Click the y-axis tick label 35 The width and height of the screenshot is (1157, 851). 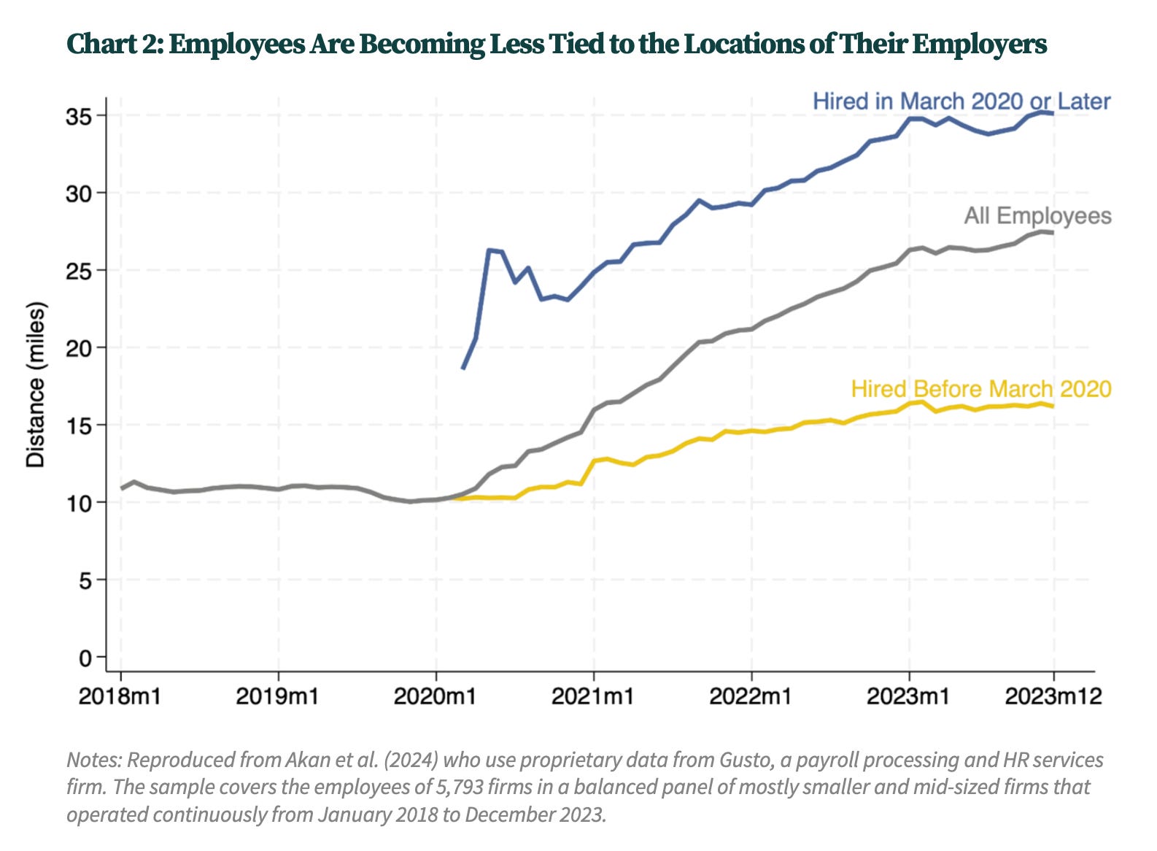coord(81,116)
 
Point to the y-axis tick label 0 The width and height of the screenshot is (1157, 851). coord(86,658)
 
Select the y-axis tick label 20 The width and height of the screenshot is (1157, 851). coord(81,348)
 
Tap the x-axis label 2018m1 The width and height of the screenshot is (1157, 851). coord(120,696)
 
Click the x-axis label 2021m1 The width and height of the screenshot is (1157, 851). coord(593,696)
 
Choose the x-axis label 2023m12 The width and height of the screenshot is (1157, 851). coord(1053,696)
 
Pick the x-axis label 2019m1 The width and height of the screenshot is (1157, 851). coord(277,696)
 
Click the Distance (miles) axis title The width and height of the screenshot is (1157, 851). coord(36,385)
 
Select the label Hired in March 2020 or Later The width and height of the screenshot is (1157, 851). coord(961,101)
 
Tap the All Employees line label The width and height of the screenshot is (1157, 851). coord(1037,215)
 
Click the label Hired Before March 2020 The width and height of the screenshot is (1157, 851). coord(980,388)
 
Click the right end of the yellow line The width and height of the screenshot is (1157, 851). coord(1052,407)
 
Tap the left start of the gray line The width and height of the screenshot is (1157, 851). coord(122,488)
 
